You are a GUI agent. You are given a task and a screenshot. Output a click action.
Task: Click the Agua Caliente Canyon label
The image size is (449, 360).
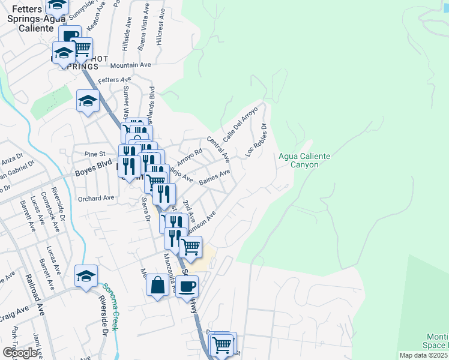304,160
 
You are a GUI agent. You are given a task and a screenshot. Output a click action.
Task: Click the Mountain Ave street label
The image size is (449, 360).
130,65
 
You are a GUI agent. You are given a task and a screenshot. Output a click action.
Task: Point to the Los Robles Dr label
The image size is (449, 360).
256,140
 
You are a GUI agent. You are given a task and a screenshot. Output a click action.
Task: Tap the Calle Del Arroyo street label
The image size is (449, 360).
240,125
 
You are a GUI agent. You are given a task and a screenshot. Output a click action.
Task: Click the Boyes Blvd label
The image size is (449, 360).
93,171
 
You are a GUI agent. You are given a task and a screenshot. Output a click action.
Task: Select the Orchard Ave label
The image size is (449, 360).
95,197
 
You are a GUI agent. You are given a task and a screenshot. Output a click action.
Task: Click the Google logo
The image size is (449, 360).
20,353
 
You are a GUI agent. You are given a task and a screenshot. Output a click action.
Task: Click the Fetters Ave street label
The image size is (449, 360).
114,80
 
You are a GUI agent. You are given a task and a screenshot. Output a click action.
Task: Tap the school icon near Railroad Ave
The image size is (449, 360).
86,277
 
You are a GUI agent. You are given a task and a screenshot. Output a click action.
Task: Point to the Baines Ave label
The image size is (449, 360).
215,177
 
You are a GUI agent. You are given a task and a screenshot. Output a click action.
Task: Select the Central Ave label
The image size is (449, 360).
218,149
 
